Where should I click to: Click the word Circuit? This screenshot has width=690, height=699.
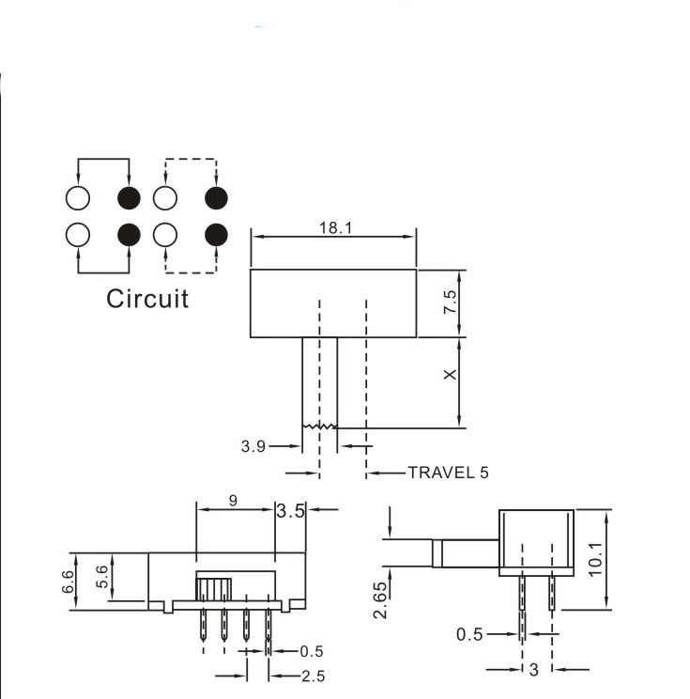click(x=147, y=299)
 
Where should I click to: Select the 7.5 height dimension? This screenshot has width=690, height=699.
click(x=450, y=303)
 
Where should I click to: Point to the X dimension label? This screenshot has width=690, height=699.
click(x=450, y=374)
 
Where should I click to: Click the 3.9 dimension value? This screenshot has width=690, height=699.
click(x=253, y=447)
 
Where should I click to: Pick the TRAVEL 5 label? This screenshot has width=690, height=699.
click(x=448, y=473)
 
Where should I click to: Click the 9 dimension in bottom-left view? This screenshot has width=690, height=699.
click(x=234, y=501)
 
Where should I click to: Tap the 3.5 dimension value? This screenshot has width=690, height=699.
click(x=292, y=511)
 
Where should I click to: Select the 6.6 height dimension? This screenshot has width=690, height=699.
click(x=69, y=581)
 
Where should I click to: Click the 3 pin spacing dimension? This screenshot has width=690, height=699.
click(x=534, y=669)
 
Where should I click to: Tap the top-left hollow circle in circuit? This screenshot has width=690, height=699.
click(x=77, y=198)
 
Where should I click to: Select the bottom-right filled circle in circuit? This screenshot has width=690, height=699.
click(x=217, y=233)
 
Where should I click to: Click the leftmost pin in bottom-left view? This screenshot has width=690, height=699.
click(x=202, y=629)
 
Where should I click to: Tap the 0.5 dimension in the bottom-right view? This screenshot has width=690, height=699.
click(x=470, y=635)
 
